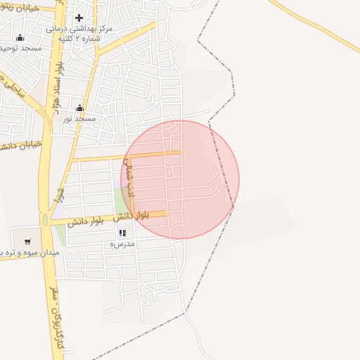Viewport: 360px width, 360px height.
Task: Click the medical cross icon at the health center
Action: pos(79,17)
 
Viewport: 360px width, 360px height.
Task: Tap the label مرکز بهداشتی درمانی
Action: pos(77,29)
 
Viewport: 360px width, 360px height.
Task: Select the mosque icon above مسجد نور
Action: pos(79,108)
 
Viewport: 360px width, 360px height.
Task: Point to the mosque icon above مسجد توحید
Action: pos(19,38)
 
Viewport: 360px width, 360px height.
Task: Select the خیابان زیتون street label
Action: pos(25,8)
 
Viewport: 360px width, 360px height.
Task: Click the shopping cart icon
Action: pos(27,241)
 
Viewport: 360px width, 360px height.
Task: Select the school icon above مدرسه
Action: pos(122,233)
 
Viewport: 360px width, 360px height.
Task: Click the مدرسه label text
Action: pos(122,243)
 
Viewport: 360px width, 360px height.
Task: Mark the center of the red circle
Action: pos(180,179)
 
